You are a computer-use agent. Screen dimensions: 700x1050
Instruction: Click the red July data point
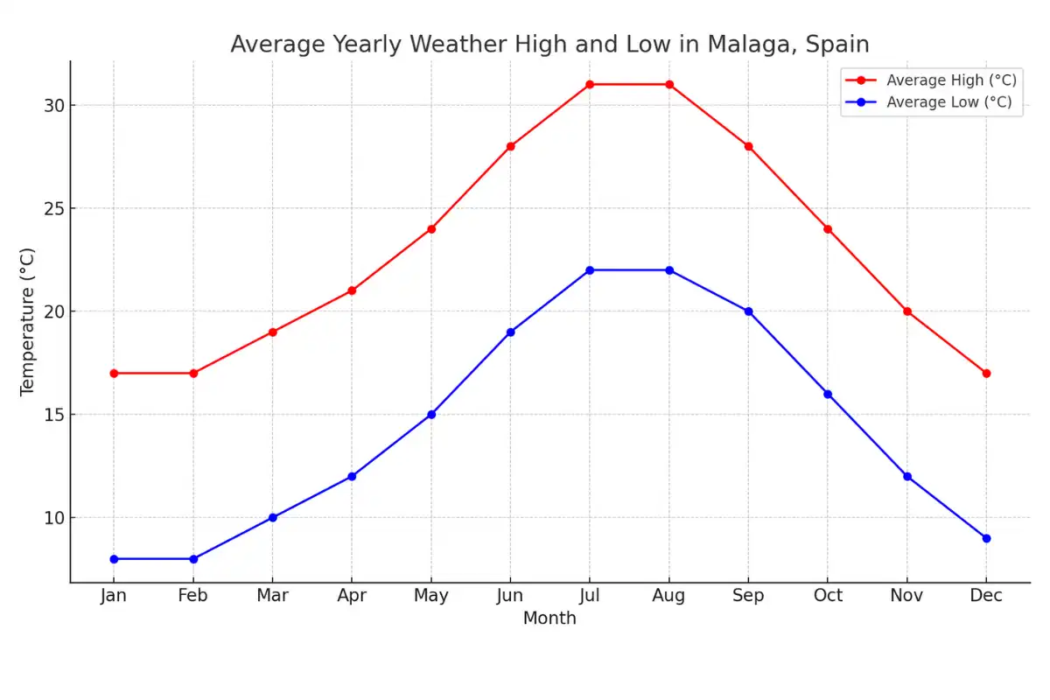[590, 84]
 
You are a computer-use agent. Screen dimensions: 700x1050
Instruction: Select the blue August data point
[669, 270]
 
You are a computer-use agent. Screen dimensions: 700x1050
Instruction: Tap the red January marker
[114, 374]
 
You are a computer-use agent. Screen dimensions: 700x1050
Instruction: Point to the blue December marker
[986, 538]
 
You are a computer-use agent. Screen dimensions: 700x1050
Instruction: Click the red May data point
[431, 229]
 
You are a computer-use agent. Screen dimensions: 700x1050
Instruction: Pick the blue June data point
[510, 332]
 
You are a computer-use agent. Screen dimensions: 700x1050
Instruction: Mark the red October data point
[828, 229]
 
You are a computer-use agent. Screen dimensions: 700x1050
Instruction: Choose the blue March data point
[272, 517]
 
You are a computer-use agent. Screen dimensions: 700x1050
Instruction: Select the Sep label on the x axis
[748, 596]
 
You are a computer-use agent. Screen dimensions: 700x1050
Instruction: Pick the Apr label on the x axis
[352, 596]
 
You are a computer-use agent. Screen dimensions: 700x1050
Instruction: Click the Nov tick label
[907, 596]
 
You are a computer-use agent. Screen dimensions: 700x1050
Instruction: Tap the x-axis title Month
[549, 619]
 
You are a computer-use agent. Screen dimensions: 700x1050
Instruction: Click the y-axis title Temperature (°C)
[27, 321]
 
